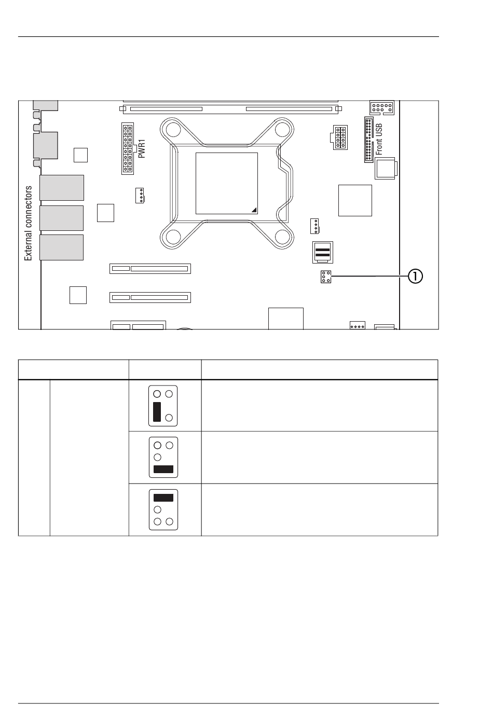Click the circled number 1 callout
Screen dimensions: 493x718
pos(415,277)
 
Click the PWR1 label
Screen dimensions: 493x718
pos(142,148)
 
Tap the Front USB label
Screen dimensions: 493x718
pos(379,140)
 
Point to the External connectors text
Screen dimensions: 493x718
pos(29,223)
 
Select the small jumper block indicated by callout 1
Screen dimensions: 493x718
pos(326,277)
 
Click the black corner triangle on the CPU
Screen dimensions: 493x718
pos(254,210)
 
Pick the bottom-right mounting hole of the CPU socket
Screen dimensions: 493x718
pos(281,237)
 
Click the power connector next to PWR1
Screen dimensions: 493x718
pos(128,148)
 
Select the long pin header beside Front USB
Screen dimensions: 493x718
pos(369,140)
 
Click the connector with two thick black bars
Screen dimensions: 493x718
pos(322,252)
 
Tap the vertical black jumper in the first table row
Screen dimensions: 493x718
pos(157,411)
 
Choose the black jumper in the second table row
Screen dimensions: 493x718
pos(163,470)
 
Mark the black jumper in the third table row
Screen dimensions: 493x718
pos(163,498)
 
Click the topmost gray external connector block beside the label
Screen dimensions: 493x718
pos(62,188)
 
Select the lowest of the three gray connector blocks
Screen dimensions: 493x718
pos(62,247)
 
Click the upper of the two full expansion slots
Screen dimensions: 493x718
pos(150,269)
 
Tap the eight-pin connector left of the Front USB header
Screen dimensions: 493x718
pos(340,137)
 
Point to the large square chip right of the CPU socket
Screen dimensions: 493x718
pos(355,200)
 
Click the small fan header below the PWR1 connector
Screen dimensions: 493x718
pos(140,196)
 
